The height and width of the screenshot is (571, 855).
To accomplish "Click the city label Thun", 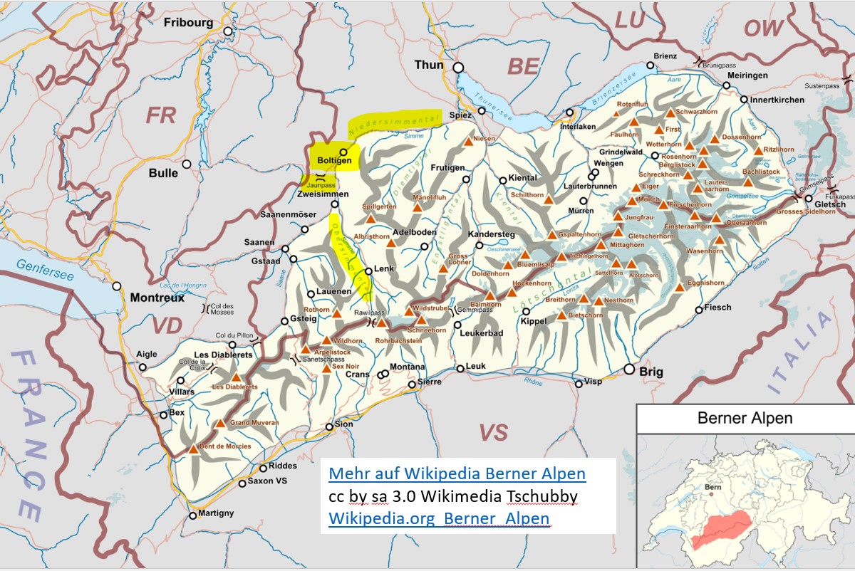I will click(429, 65).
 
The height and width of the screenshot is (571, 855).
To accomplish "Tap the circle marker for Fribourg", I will click(228, 31).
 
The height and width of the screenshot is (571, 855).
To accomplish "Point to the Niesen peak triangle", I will click(469, 142).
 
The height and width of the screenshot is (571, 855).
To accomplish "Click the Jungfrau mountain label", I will click(638, 217).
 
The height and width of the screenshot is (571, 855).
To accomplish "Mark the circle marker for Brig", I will click(629, 369).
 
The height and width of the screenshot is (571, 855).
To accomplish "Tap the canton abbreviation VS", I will click(493, 431).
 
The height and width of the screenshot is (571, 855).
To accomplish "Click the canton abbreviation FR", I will click(160, 115).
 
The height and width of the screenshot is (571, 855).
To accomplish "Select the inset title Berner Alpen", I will click(745, 418).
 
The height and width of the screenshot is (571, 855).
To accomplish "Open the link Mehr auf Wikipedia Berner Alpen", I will click(457, 473).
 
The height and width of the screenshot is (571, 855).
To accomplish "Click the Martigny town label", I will click(214, 513).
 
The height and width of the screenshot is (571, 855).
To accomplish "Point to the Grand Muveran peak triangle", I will click(220, 423).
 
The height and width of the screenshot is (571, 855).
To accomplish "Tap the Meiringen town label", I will click(747, 75).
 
